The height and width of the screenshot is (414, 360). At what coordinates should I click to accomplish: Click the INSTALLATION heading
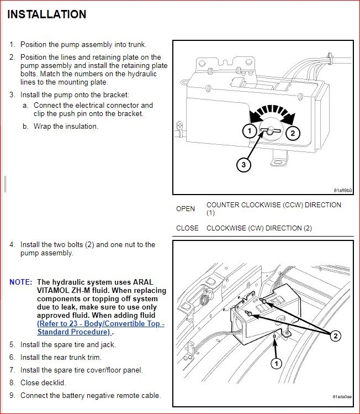47,14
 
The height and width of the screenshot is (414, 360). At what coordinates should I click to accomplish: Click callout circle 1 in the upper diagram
249,130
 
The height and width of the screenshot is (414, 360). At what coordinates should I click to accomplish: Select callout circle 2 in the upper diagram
293,133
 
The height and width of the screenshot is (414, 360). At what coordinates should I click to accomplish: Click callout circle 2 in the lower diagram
335,335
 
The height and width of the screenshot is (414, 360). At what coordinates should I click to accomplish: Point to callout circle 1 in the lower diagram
276,363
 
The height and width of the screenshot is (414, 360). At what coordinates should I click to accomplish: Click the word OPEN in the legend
186,209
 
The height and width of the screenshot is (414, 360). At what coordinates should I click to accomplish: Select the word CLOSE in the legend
187,228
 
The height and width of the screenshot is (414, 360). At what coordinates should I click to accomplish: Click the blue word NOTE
20,282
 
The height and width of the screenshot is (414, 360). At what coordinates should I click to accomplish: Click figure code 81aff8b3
342,190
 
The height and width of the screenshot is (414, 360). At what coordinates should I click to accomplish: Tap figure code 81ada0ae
342,397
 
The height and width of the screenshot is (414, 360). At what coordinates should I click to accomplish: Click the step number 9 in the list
12,395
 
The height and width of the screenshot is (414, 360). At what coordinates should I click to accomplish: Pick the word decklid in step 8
54,382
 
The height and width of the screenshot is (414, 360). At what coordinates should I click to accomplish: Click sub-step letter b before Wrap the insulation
25,126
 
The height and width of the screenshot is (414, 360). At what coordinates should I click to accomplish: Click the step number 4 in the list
12,244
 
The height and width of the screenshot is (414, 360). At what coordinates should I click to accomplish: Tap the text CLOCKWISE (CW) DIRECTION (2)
259,228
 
